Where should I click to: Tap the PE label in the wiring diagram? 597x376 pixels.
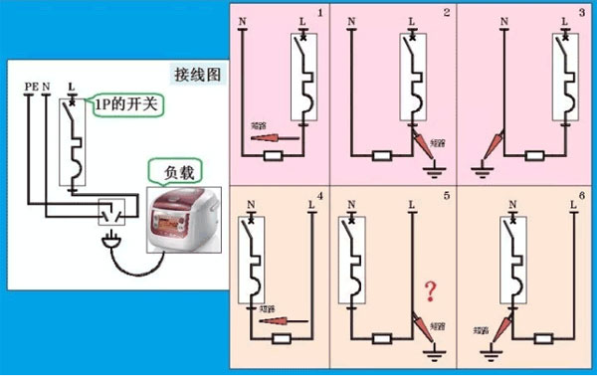[x=29, y=89]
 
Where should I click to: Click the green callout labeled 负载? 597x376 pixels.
[x=168, y=169]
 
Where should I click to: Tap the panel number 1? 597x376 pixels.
[x=320, y=12]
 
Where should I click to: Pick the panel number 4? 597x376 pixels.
[x=320, y=194]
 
